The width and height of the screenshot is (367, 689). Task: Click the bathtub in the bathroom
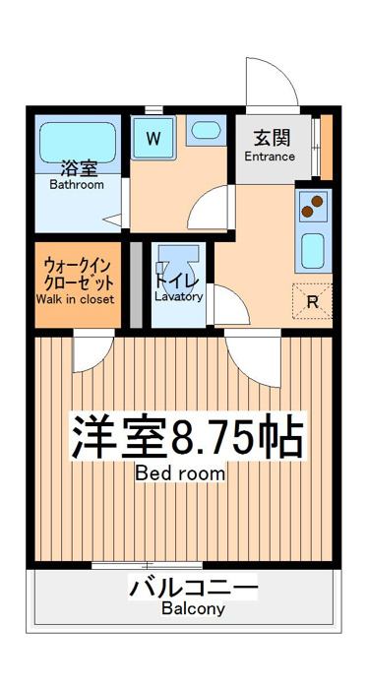tap(78, 143)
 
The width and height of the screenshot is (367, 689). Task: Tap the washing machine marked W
tap(153, 139)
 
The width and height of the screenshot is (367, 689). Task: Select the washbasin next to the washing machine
tap(206, 130)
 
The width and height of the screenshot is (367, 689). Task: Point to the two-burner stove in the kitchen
tap(313, 207)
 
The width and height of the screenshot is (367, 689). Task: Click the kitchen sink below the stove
tap(313, 250)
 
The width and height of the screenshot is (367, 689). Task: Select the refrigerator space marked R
tap(312, 301)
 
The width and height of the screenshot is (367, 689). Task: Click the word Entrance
tap(270, 157)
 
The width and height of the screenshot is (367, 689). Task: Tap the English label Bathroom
tap(77, 185)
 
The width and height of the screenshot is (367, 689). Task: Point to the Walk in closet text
tap(75, 299)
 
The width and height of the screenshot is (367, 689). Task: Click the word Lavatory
tap(179, 296)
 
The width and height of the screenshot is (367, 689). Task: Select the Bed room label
tap(179, 473)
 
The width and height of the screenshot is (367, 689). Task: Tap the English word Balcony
tap(193, 608)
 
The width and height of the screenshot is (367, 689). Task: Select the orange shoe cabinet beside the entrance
tap(327, 148)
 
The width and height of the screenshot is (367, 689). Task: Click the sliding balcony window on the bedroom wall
tap(147, 565)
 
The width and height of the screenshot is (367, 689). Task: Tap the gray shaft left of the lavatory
tap(136, 284)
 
